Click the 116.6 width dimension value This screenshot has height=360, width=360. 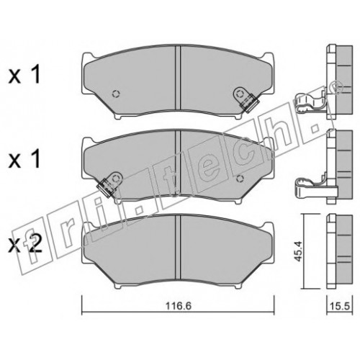coord(179,306)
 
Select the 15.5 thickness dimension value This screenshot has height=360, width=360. coord(340,307)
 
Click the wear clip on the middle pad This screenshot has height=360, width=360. coord(110,184)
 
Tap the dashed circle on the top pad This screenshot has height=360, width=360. coord(116,94)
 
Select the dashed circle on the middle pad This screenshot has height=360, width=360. coord(240,179)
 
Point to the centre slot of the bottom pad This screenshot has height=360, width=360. coord(178,247)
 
